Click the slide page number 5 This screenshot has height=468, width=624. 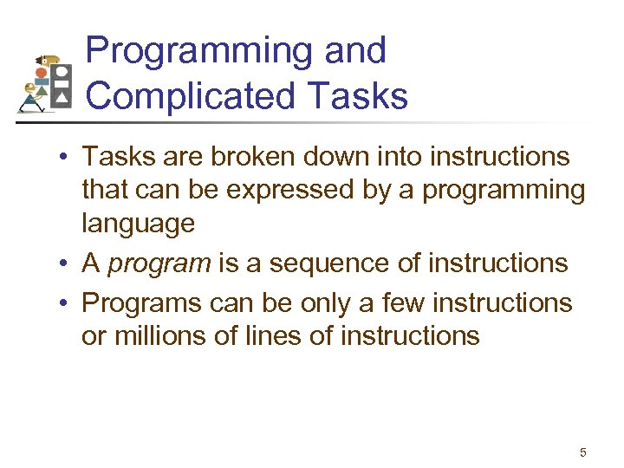pos(582,452)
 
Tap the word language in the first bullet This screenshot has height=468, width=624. pos(138,224)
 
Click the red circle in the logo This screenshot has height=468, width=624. pos(41,74)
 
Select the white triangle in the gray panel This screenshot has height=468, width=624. pos(61,101)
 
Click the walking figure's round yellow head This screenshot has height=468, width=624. pos(31,88)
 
